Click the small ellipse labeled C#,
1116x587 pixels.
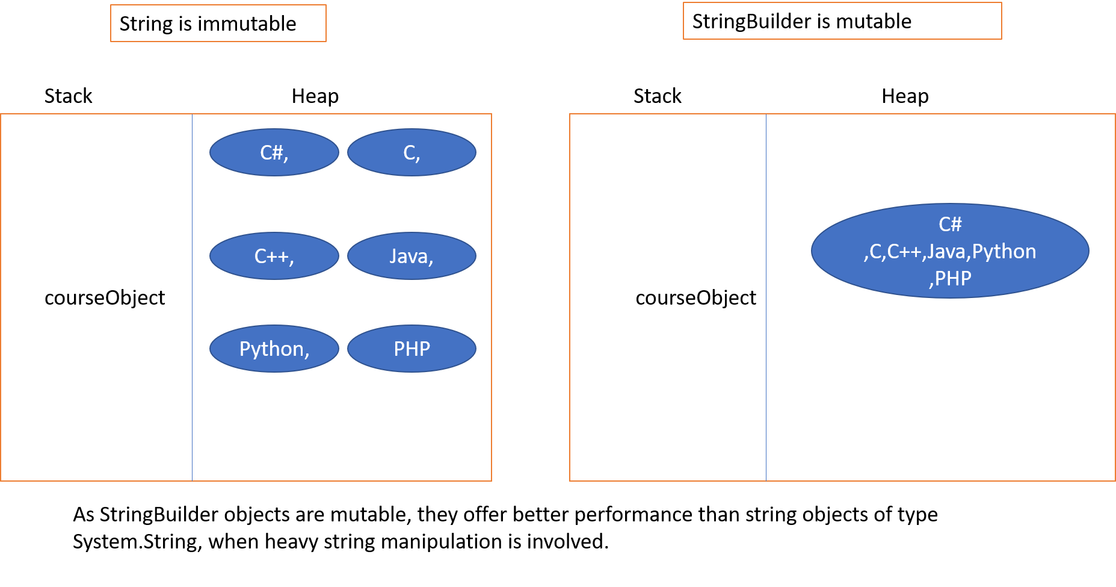coord(274,152)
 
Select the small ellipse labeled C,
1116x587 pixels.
coord(412,152)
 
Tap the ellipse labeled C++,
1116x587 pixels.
coord(274,256)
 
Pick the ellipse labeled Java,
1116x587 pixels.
coord(412,256)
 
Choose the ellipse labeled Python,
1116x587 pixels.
coord(274,349)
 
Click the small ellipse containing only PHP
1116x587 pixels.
coord(412,349)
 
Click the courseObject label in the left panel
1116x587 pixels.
coord(105,297)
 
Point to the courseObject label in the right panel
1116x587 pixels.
coord(695,297)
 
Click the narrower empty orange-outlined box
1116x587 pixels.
coord(218,23)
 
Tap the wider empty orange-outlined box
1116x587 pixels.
coord(842,21)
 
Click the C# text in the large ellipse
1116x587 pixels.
coord(950,224)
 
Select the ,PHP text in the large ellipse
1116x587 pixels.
coord(950,278)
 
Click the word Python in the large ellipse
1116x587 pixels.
coord(1003,251)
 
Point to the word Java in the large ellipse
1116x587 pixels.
coord(946,251)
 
